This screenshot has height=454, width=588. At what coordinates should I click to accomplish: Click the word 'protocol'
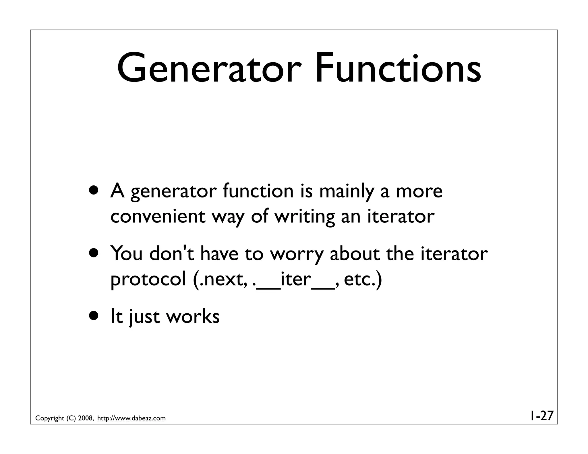tap(148, 280)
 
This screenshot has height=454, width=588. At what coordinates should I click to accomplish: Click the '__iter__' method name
tap(296, 280)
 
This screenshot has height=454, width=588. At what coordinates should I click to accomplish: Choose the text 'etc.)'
tap(363, 279)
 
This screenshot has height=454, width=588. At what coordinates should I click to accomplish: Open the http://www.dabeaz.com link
tap(131, 418)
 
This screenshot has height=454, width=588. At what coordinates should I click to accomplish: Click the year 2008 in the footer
tap(85, 418)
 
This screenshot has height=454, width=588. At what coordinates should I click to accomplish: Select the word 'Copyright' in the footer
tap(50, 418)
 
